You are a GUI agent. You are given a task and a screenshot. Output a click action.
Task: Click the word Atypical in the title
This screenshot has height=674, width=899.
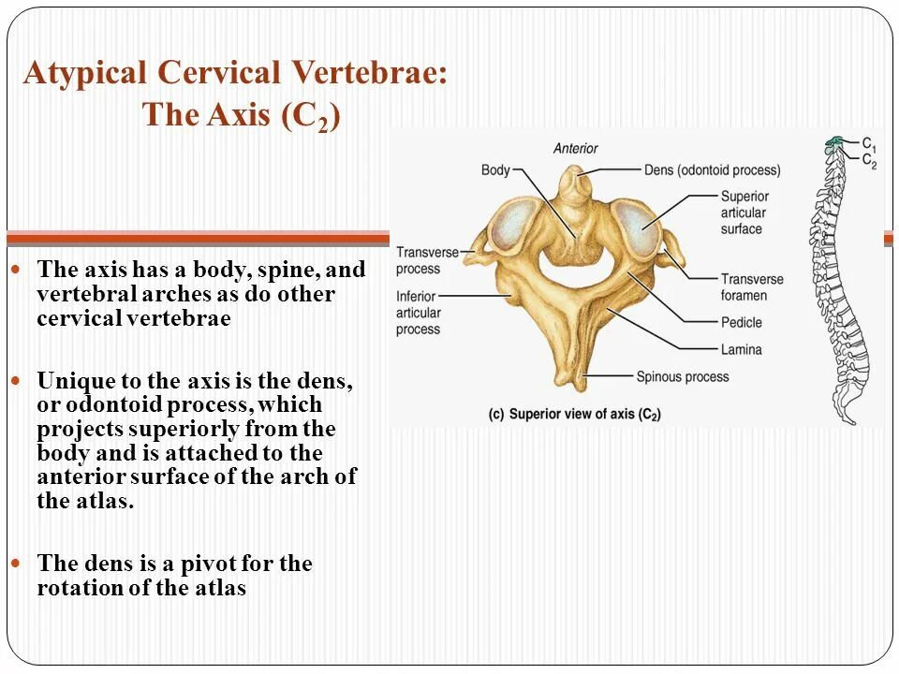click(x=84, y=74)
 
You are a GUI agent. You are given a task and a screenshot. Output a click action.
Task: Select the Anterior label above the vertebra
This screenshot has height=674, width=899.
click(x=575, y=148)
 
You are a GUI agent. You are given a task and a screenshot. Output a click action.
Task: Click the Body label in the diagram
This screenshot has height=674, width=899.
click(x=495, y=170)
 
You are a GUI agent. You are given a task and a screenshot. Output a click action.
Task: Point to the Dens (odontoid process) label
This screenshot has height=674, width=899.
click(x=712, y=170)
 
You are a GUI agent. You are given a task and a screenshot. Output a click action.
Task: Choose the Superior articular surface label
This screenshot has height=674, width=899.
click(x=744, y=212)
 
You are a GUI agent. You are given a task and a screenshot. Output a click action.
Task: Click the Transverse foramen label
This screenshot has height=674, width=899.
click(x=752, y=287)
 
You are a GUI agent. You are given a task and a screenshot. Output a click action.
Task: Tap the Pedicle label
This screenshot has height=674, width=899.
click(x=742, y=323)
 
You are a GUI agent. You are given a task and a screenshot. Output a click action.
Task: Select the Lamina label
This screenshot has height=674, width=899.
click(x=741, y=349)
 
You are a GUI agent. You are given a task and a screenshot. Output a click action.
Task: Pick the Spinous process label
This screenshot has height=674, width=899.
click(x=682, y=376)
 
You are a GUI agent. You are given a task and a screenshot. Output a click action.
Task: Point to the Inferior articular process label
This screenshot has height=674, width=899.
click(x=418, y=313)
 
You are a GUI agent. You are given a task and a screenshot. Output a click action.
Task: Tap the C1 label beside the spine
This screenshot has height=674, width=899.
click(x=869, y=145)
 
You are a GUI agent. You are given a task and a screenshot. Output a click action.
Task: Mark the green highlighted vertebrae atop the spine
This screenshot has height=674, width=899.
click(x=833, y=144)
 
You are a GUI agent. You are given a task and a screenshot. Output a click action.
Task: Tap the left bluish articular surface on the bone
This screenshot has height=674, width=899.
click(x=514, y=225)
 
